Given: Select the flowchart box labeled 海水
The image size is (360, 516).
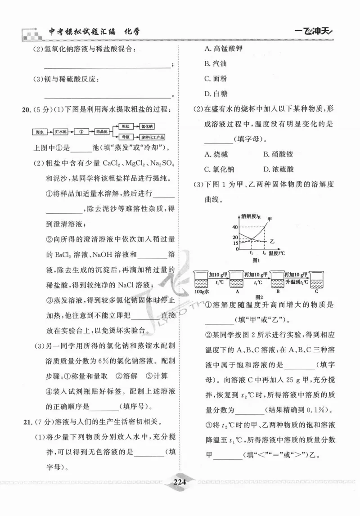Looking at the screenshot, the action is click(x=39, y=132).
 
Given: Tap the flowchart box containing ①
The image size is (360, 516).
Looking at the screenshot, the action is click(x=81, y=132).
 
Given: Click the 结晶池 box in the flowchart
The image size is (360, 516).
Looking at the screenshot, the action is click(x=102, y=132).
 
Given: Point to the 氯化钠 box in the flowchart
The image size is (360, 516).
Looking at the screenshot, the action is click(x=147, y=127).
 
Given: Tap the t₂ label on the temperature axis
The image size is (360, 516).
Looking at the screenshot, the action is click(x=263, y=253).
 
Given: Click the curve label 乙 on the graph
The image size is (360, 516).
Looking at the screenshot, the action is click(x=273, y=242).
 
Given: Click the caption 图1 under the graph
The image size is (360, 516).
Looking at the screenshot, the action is click(x=256, y=260).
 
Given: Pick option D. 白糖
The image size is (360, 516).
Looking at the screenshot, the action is click(x=216, y=94).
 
